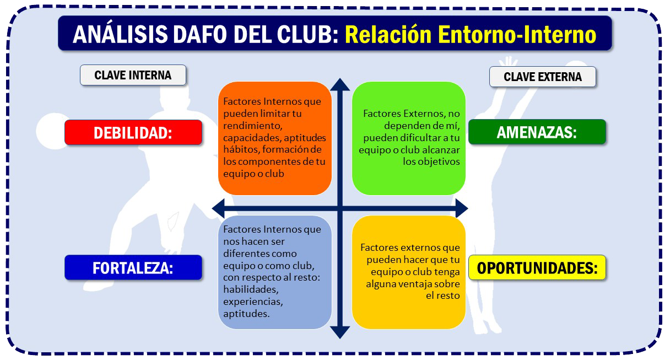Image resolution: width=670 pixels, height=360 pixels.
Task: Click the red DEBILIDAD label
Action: tap(133, 132)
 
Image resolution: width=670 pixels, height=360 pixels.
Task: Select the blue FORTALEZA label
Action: tap(133, 268)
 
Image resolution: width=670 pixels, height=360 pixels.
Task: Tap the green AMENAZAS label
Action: tap(537, 132)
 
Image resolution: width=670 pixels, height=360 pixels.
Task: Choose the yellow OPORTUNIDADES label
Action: tap(537, 268)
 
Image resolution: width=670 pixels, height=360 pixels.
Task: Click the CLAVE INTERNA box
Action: tap(133, 75)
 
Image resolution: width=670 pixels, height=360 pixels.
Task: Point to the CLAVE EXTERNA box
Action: tap(543, 77)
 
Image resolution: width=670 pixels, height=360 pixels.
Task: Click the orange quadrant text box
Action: tap(275, 138)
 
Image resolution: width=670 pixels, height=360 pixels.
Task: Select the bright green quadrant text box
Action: tap(408, 138)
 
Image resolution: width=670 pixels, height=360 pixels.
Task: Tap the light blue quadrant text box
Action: tap(275, 273)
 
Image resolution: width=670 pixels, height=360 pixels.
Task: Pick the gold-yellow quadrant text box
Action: tap(408, 273)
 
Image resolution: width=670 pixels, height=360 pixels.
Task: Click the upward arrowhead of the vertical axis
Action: tap(340, 84)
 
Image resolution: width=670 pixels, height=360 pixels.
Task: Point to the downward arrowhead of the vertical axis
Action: tap(340, 332)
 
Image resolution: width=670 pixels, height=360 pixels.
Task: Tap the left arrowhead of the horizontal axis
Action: tap(218, 208)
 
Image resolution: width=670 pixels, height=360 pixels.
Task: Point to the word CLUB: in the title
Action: tap(308, 34)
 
